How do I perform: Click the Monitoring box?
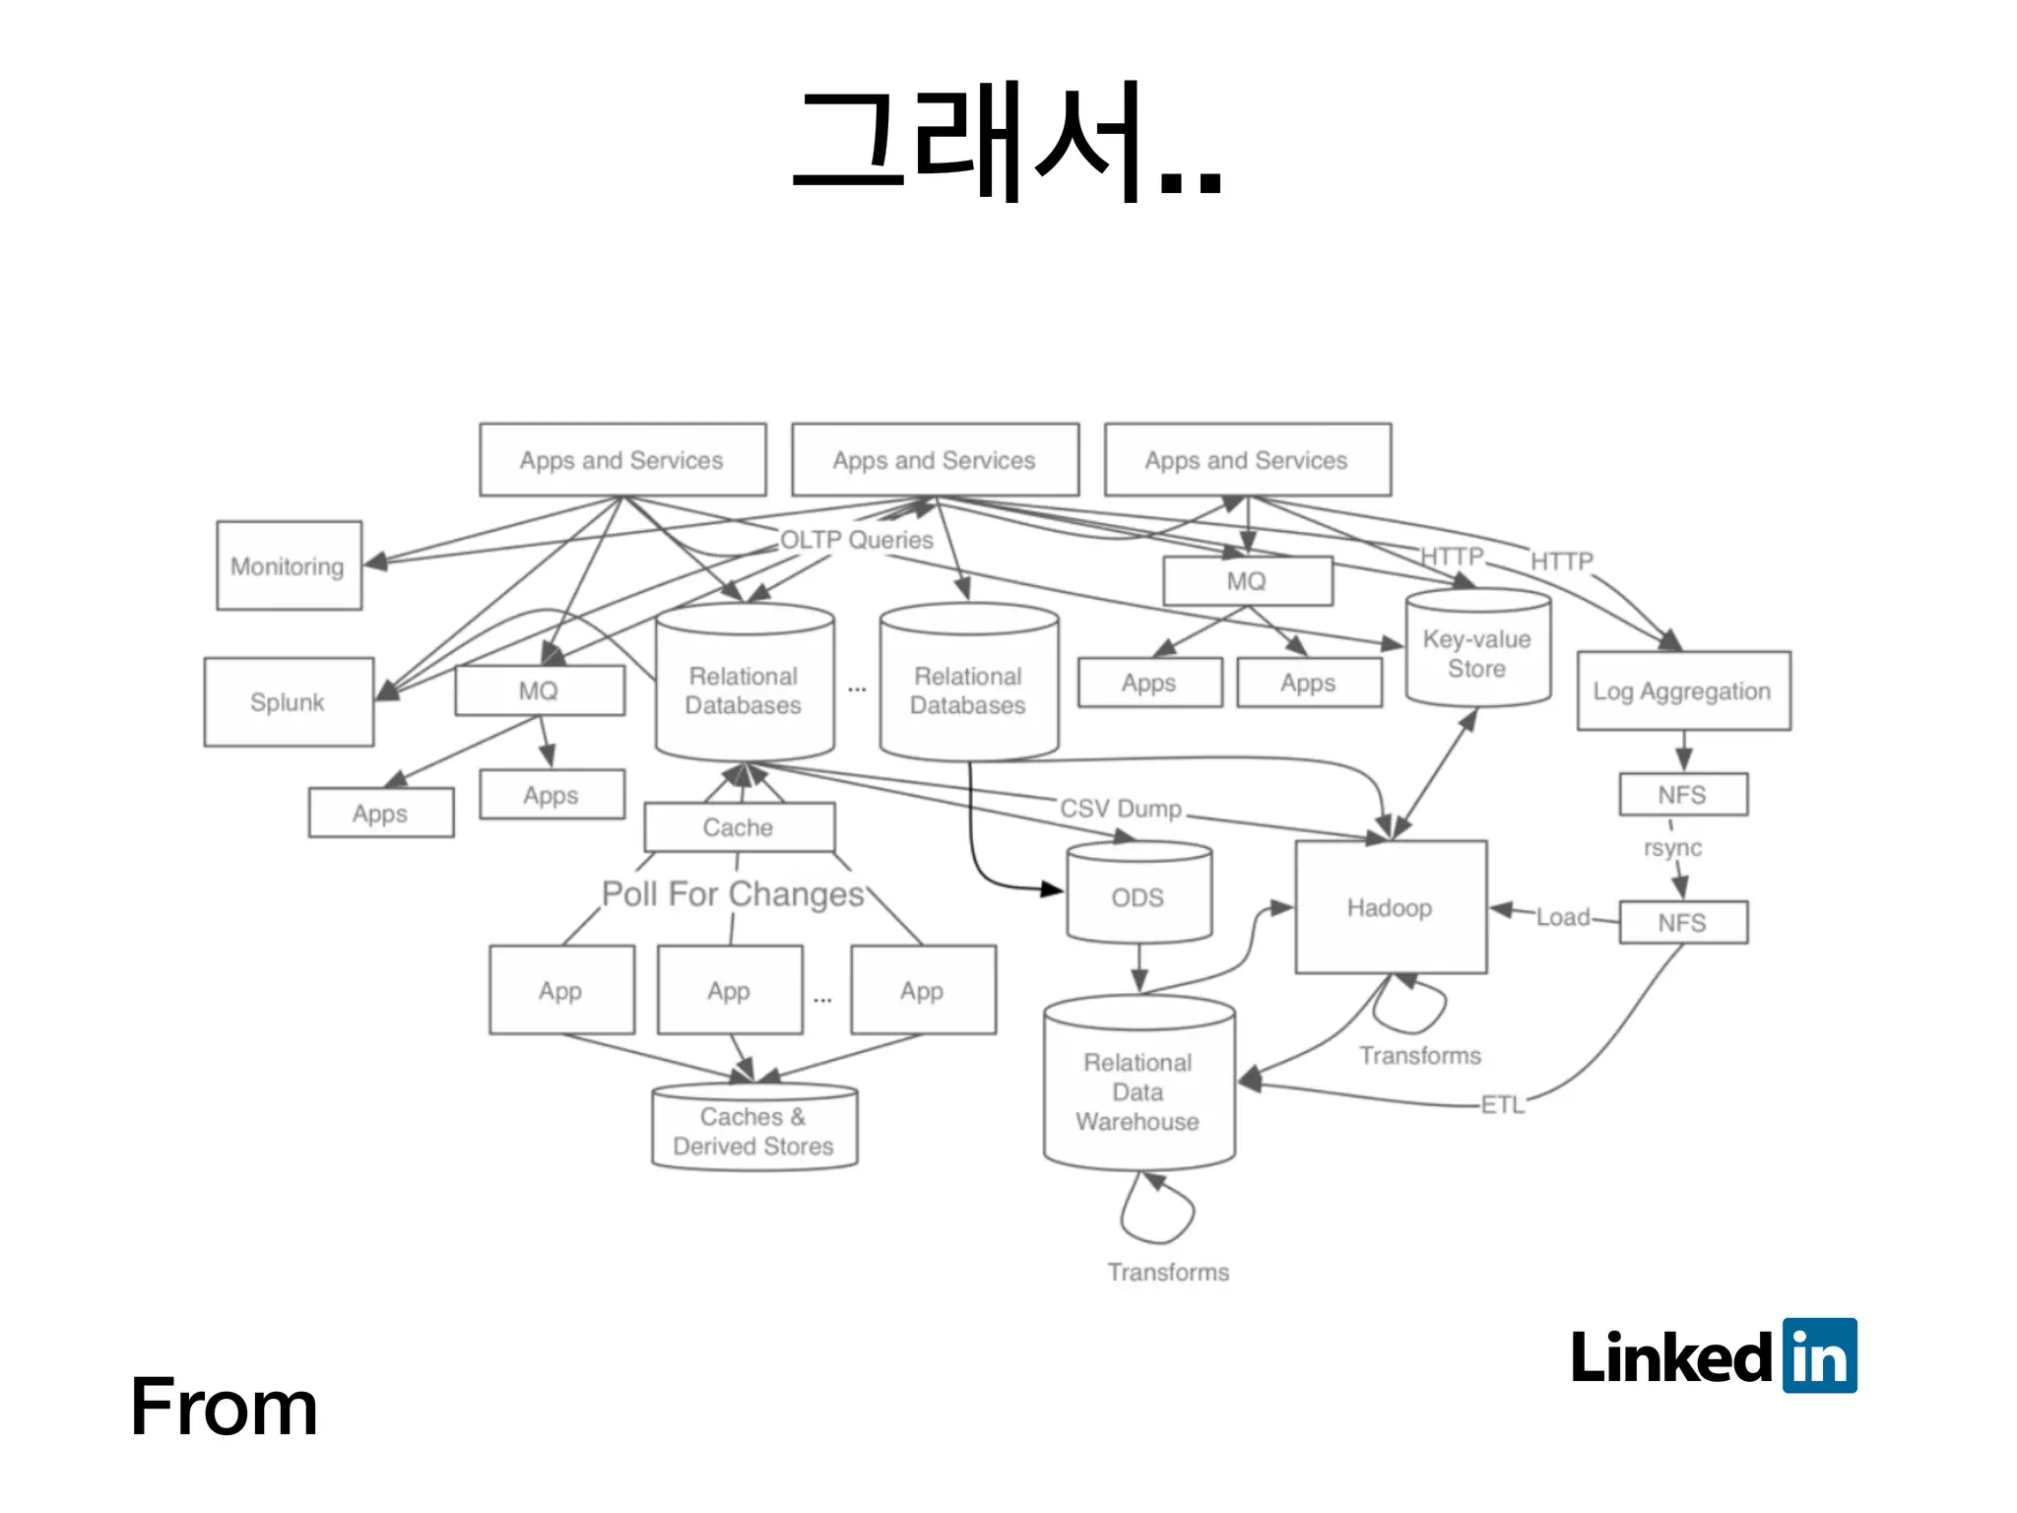[289, 565]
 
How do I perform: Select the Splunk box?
[288, 701]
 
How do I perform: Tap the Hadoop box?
[1390, 907]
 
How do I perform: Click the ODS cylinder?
[1139, 896]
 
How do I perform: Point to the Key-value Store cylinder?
[1477, 652]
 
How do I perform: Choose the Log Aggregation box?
[1682, 691]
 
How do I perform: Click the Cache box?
[739, 827]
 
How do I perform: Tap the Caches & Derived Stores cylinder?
[753, 1131]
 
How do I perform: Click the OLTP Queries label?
[856, 540]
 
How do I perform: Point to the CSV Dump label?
[1121, 809]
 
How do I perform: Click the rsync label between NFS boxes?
[1672, 848]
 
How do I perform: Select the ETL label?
[1502, 1105]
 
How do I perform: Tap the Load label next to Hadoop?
[1562, 917]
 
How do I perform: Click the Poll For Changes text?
[733, 893]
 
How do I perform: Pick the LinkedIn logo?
[1714, 1356]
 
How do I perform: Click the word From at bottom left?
[224, 1408]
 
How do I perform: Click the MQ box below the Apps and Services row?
[1247, 581]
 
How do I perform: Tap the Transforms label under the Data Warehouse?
[1168, 1272]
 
